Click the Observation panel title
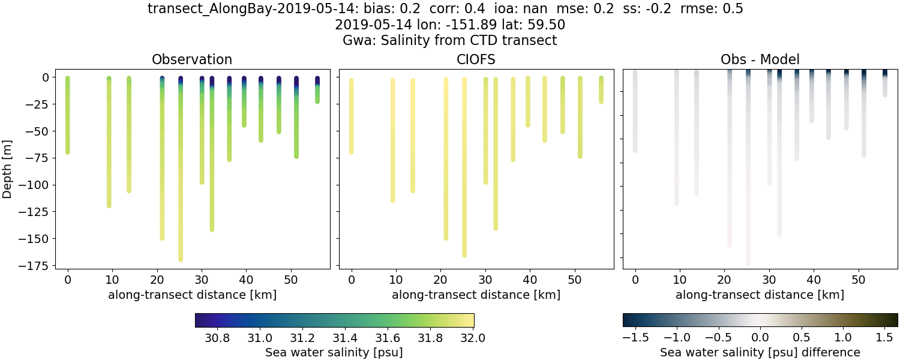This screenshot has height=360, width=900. [x=192, y=59]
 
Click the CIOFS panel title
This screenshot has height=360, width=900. [x=476, y=59]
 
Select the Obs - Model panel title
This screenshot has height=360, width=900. [x=760, y=59]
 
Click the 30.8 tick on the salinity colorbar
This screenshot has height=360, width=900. [x=217, y=337]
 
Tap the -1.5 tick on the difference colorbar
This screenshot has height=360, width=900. [x=632, y=337]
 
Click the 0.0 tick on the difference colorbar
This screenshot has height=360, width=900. [x=760, y=337]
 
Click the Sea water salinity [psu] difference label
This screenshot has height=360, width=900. [x=760, y=352]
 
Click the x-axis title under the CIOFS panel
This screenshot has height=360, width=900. [x=476, y=295]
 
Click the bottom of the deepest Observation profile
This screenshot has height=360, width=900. [x=181, y=259]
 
